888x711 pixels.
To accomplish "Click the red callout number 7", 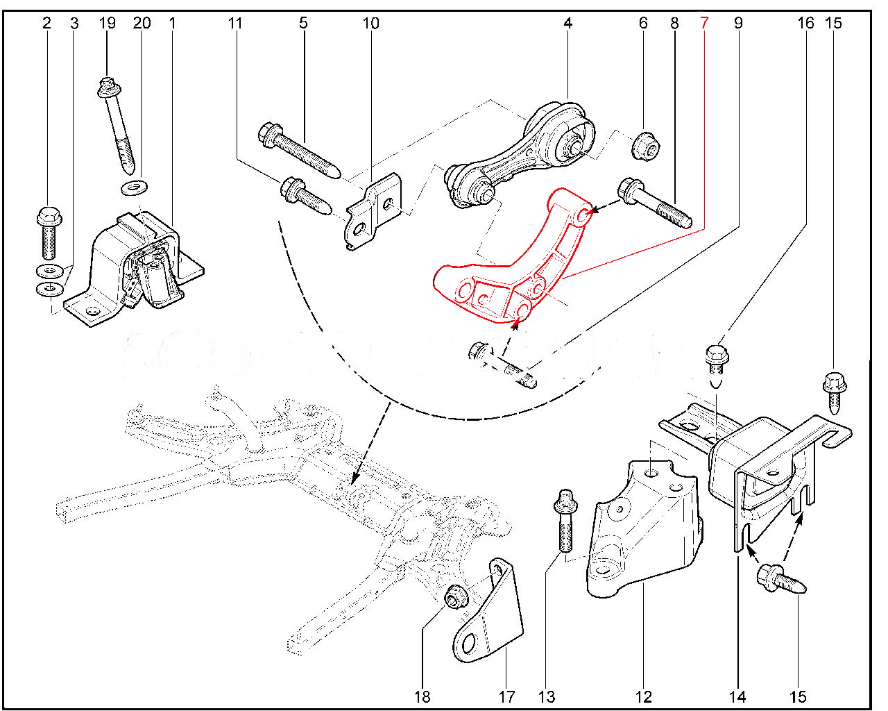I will click(x=704, y=23).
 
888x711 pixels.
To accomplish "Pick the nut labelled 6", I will click(x=646, y=144).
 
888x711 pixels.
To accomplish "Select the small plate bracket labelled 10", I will click(x=375, y=211).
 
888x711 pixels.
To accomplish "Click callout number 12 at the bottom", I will click(x=643, y=696).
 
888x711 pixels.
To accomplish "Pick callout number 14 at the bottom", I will click(x=737, y=696).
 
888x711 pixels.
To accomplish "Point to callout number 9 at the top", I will click(x=738, y=23).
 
